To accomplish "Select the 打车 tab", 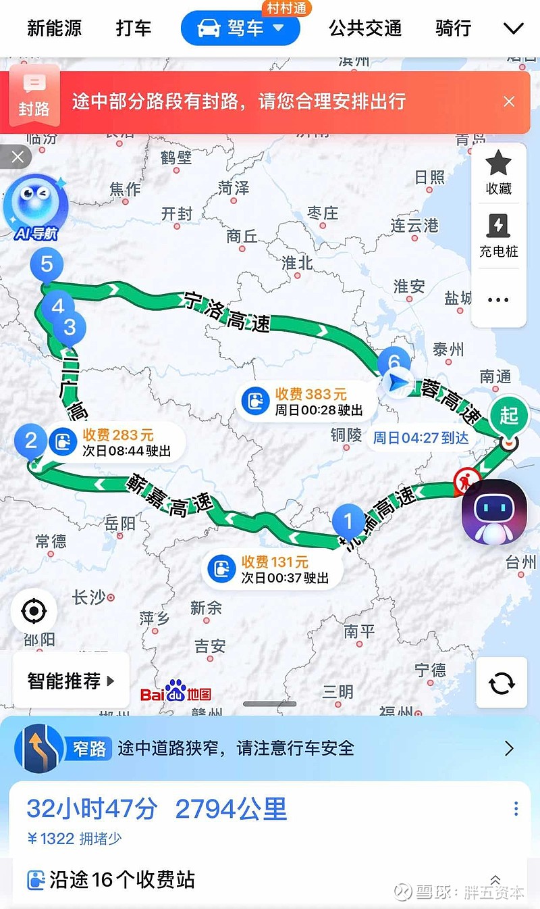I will point(134,28).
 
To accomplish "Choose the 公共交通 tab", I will point(365,28).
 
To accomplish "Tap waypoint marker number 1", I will point(348,521).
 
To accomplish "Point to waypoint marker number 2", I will point(31,441).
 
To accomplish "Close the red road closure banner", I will point(509,101).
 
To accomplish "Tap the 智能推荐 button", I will point(70,681).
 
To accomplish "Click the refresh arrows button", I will point(502,683).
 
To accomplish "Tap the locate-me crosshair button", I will point(33,612).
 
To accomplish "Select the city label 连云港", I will point(414,226).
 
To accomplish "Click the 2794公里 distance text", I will point(231,809).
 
